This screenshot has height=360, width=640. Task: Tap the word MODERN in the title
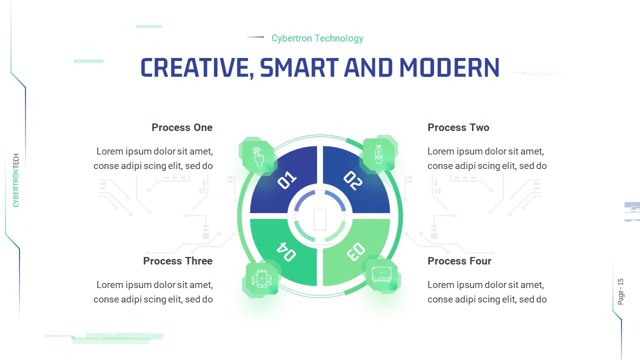pyautogui.click(x=449, y=67)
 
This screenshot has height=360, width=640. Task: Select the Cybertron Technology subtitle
pyautogui.click(x=317, y=38)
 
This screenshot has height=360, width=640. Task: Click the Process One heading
pyautogui.click(x=182, y=127)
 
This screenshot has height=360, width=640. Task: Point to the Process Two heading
pyautogui.click(x=458, y=127)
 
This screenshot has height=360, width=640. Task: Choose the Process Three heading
pyautogui.click(x=177, y=261)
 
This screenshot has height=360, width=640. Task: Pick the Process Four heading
pyautogui.click(x=459, y=261)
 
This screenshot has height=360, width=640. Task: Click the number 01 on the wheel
pyautogui.click(x=287, y=180)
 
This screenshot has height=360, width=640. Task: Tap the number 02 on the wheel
pyautogui.click(x=352, y=180)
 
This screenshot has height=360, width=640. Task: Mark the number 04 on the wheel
pyautogui.click(x=286, y=251)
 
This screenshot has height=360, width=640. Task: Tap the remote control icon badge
pyautogui.click(x=379, y=154)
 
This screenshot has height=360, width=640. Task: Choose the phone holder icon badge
pyautogui.click(x=261, y=279)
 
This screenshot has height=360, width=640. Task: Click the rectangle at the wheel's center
pyautogui.click(x=320, y=219)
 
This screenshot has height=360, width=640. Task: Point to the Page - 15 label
pyautogui.click(x=621, y=291)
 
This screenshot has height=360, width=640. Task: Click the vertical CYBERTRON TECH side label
pyautogui.click(x=16, y=180)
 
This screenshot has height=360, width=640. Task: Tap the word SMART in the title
pyautogui.click(x=298, y=67)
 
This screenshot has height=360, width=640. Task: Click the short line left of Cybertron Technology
pyautogui.click(x=255, y=37)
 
